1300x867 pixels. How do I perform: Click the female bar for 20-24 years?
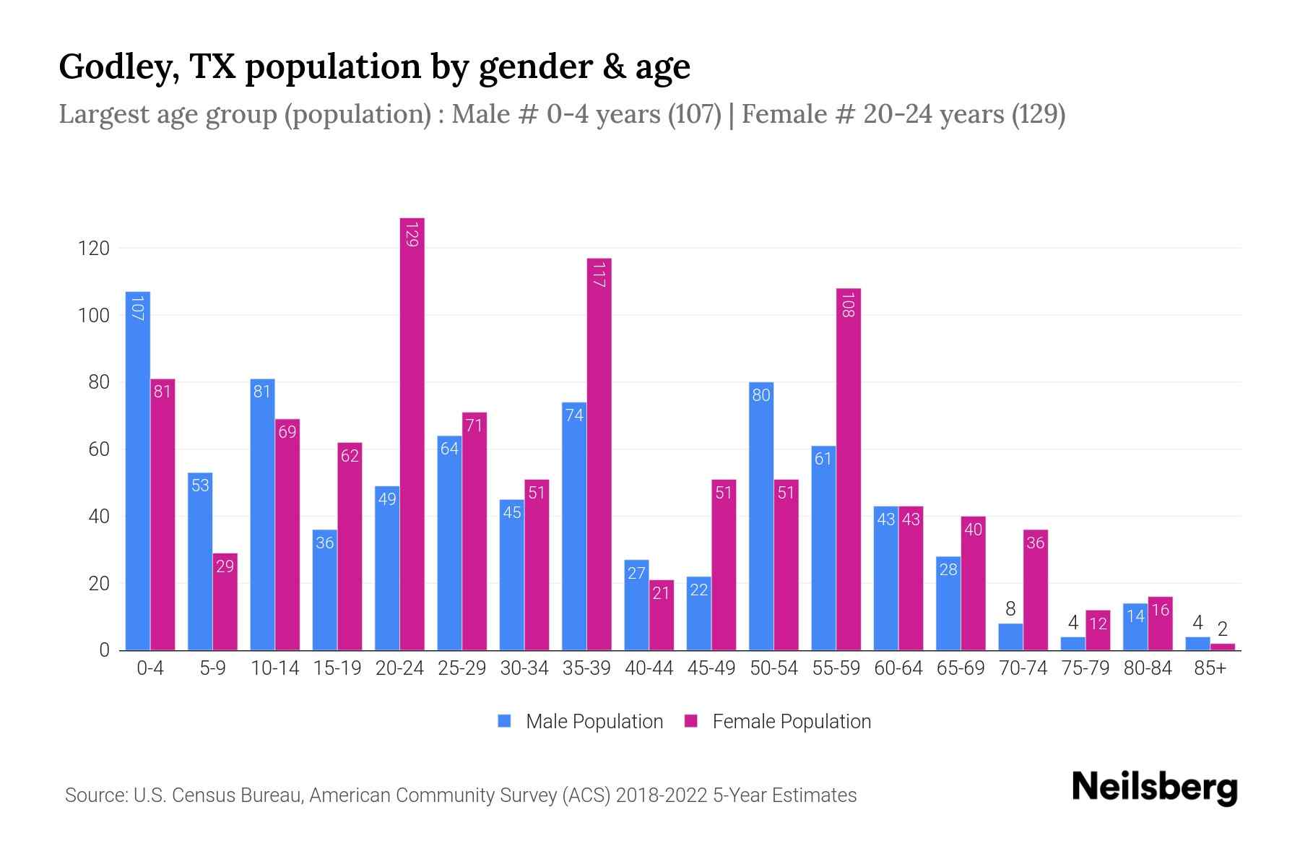[412, 433]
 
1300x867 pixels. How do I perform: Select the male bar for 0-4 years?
[137, 470]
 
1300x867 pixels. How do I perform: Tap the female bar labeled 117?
[599, 455]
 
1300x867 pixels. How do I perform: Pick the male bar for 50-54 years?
[760, 517]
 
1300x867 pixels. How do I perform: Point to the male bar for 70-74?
[1010, 637]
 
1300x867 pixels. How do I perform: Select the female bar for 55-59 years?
[849, 470]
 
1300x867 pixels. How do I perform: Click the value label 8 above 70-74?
[1010, 609]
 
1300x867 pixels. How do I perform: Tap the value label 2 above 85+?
[1223, 629]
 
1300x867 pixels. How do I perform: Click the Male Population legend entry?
[581, 721]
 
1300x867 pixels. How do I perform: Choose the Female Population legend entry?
[779, 721]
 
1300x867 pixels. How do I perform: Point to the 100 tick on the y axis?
[93, 316]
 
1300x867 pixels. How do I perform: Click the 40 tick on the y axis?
[98, 517]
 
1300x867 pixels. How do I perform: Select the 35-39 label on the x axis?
[586, 668]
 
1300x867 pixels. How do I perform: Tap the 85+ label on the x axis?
[1210, 668]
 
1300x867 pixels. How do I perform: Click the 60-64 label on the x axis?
[898, 668]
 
